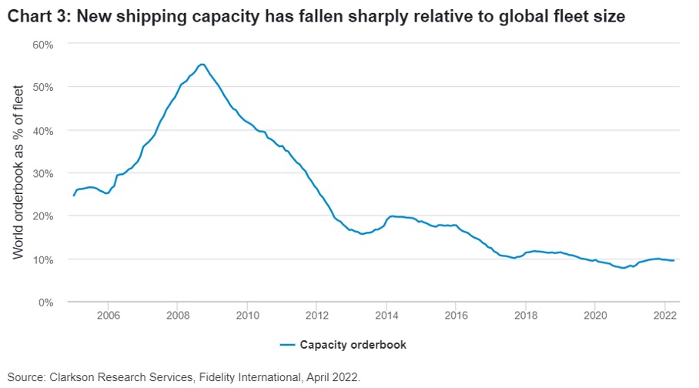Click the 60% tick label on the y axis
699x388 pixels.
pos(43,45)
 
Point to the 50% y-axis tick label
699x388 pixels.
pos(43,87)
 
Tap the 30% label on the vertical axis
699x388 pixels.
pos(43,173)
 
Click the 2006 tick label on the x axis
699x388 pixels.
pos(108,314)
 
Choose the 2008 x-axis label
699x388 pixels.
pos(177,314)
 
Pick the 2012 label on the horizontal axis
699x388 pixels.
pos(316,314)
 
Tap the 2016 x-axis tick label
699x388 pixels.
pos(456,314)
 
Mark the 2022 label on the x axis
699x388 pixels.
pos(664,314)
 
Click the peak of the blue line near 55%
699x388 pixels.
pos(202,64)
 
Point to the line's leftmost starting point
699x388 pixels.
pos(74,196)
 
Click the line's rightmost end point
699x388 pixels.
pos(674,260)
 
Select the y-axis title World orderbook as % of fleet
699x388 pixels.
pos(18,172)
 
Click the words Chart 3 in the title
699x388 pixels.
pos(37,15)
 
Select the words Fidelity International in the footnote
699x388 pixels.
pos(242,377)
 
